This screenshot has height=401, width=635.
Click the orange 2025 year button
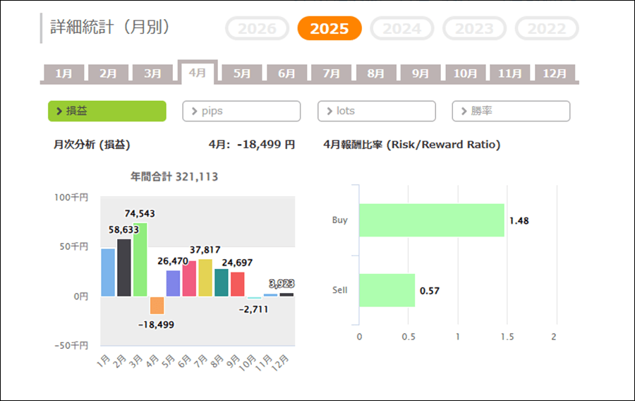point(329,29)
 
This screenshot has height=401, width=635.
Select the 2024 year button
point(402,29)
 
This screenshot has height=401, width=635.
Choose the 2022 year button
point(547,29)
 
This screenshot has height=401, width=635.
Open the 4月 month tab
point(198,73)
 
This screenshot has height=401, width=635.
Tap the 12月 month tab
point(555,73)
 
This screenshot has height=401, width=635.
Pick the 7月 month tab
point(332,73)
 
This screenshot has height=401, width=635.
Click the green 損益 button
point(107,111)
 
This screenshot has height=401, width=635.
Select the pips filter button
point(241,111)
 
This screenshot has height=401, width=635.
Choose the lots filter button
point(377,111)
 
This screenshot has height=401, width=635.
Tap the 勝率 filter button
point(511,111)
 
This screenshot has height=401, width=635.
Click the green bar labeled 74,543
point(140,259)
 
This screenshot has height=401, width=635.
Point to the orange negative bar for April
point(157,305)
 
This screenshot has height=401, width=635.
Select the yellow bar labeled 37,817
point(205,277)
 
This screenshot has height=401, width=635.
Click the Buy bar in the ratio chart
point(432,220)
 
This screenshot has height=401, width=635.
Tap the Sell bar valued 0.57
point(387,290)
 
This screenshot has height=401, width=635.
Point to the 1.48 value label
point(519,220)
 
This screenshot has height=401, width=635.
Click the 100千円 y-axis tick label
point(73,198)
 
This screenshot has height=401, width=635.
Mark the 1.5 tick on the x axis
point(507,337)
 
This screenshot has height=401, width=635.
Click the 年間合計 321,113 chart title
point(174,176)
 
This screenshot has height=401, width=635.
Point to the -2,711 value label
point(253,309)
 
